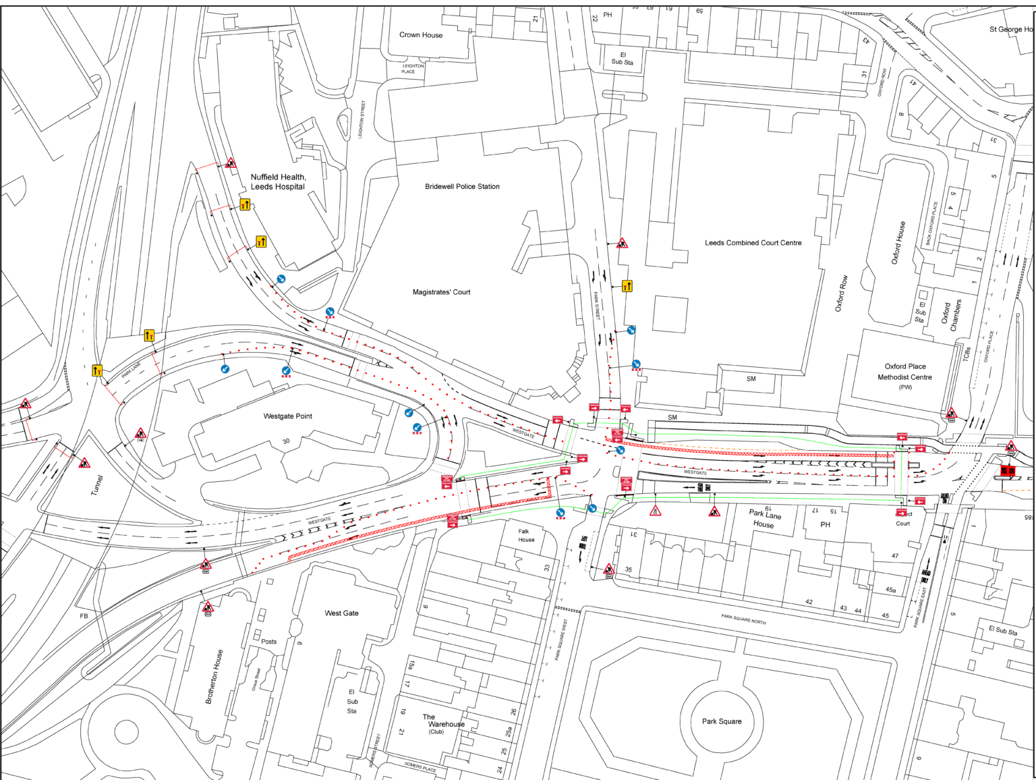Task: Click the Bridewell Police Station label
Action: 462,186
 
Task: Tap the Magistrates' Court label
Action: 441,292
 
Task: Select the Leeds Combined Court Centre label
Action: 753,243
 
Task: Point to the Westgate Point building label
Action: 287,416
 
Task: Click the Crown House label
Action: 421,35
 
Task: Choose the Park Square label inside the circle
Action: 721,721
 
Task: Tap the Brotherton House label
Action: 214,677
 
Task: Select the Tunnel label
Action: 98,485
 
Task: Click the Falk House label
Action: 525,536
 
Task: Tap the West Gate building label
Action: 341,613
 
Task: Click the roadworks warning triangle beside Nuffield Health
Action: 231,163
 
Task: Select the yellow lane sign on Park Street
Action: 627,286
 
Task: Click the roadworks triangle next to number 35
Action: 608,569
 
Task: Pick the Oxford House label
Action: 898,243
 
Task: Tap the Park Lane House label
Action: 764,518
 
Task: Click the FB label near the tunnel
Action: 84,616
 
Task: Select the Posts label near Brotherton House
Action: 268,642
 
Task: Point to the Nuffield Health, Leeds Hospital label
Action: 278,182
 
